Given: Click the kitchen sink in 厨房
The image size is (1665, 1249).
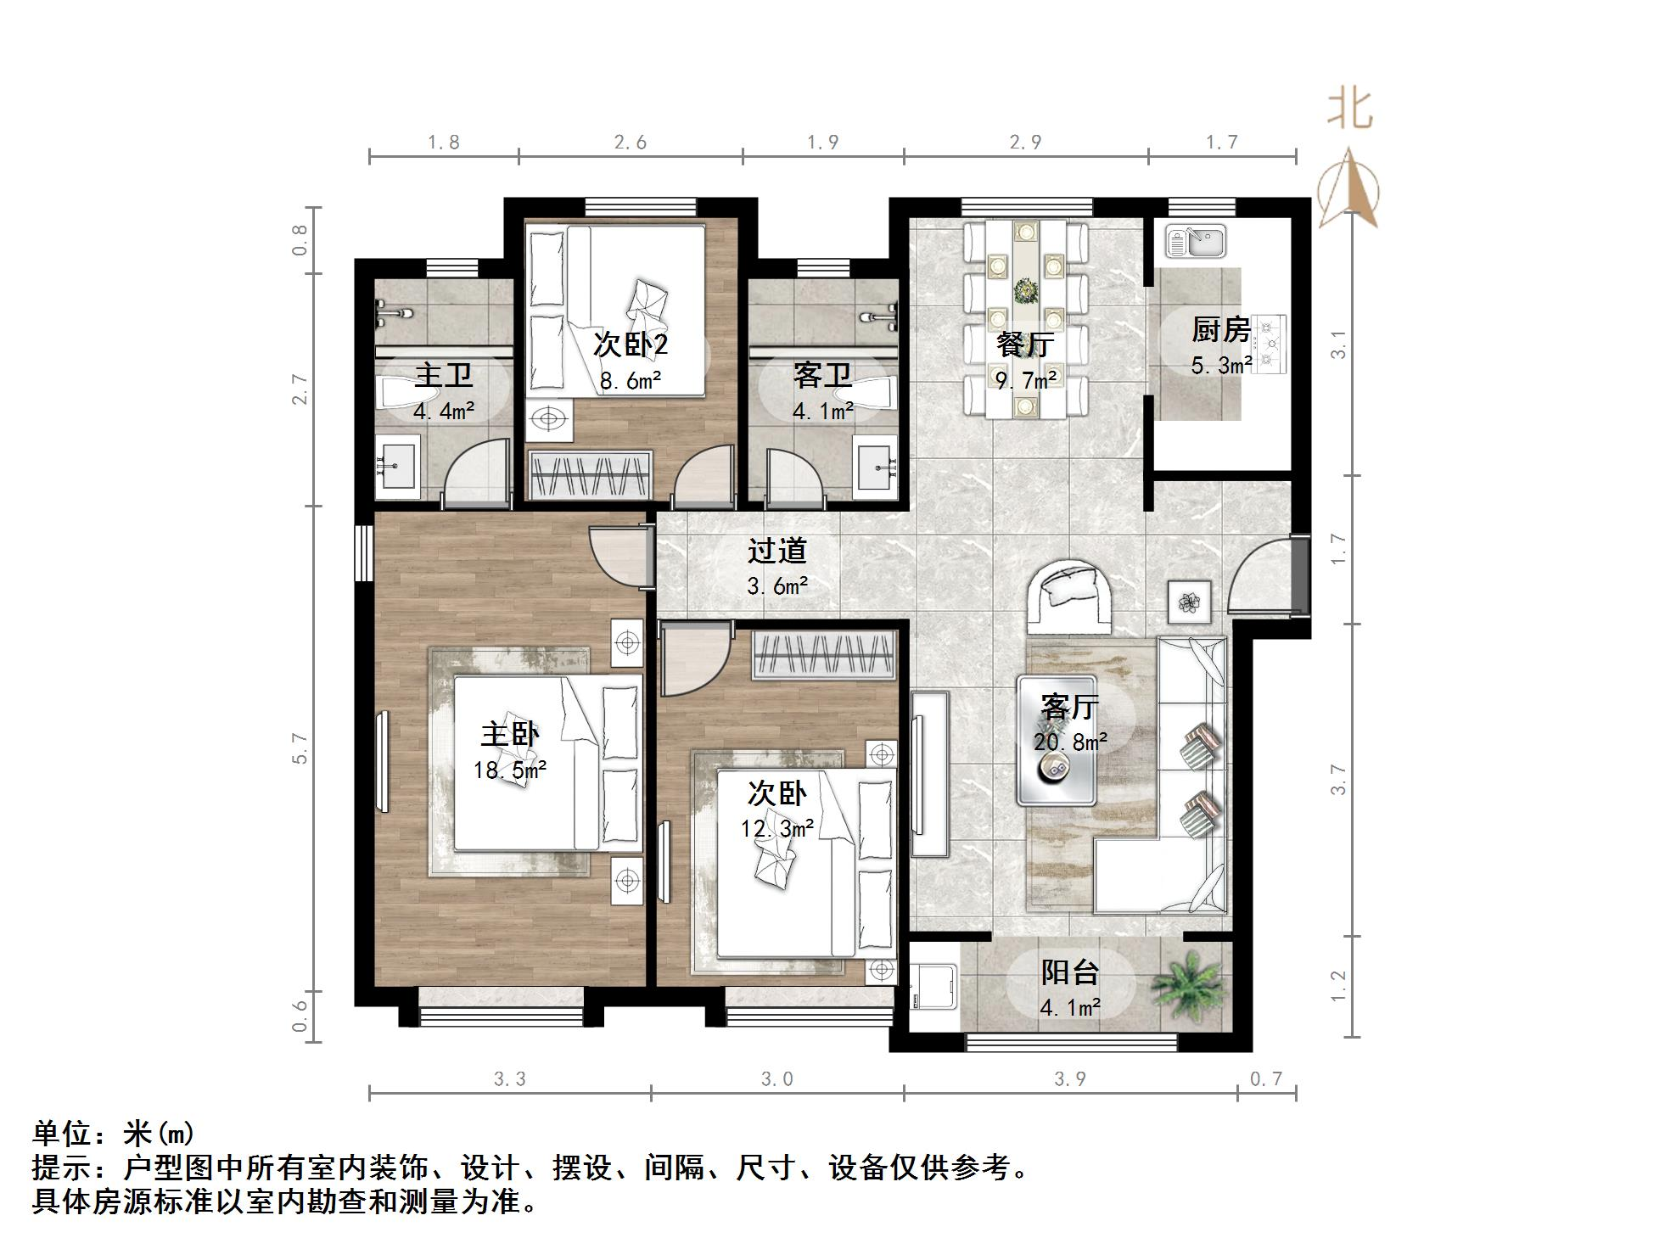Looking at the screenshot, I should pos(1195,241).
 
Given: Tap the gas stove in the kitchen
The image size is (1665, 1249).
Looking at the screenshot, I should pos(1270,344).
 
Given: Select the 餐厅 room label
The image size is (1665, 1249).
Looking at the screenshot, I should pos(1025,344).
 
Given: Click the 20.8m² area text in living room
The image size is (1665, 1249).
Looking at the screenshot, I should pos(1069,742).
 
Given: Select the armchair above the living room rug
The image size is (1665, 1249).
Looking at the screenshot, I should pos(1069,597).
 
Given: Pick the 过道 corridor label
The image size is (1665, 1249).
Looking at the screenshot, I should pos(776,552).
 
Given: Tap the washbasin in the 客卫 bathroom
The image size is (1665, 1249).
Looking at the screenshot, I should pos(877,465).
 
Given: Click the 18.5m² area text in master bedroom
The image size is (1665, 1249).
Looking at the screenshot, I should pos(509,770).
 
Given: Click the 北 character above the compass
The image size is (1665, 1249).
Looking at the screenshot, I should pos(1349,110).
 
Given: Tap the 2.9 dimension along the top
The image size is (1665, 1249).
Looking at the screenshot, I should pos(1025,143).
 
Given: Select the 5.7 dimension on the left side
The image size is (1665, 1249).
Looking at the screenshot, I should pos(300,748).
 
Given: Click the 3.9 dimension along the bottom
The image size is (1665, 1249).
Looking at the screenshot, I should pos(1069,1079).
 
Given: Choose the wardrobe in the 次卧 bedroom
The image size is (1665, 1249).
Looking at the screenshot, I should pos(824,656).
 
